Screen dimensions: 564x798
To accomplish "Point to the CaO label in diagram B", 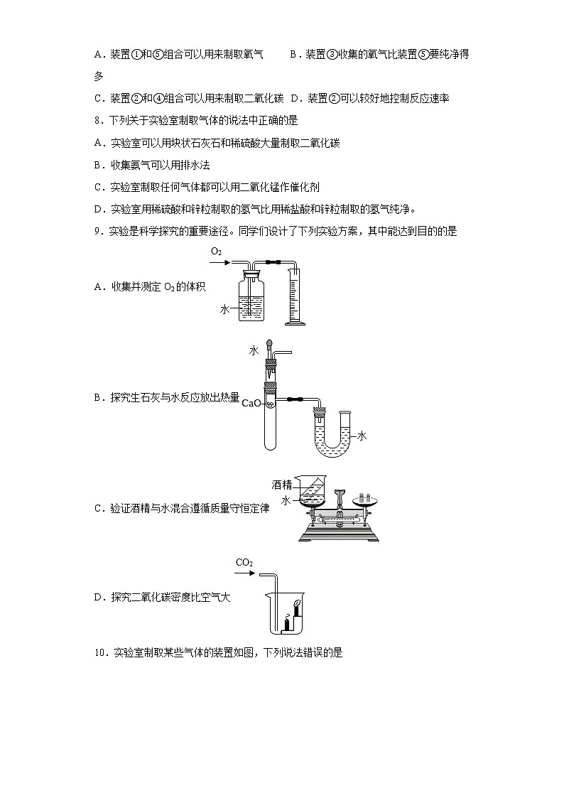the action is click(x=251, y=403).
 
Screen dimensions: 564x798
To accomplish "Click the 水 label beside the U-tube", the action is click(x=362, y=436).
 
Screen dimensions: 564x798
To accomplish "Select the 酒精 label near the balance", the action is click(x=282, y=485).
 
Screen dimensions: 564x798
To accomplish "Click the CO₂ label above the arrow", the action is click(x=244, y=563).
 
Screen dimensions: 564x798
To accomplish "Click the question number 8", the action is click(x=97, y=121).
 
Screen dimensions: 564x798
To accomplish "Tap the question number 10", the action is click(x=100, y=652).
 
